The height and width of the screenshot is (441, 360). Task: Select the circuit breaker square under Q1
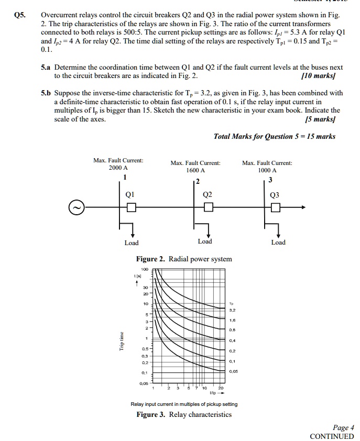pyautogui.click(x=132, y=208)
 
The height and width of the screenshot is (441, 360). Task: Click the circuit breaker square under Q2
pyautogui.click(x=209, y=208)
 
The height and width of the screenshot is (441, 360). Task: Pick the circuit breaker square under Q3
pyautogui.click(x=276, y=208)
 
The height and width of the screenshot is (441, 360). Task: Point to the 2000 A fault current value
pyautogui.click(x=118, y=168)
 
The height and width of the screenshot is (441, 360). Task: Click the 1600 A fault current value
pyautogui.click(x=195, y=171)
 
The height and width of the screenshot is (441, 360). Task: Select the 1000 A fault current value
pyautogui.click(x=267, y=171)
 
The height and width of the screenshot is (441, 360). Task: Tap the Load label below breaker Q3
pyautogui.click(x=278, y=242)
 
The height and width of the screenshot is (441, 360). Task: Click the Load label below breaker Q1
pyautogui.click(x=132, y=243)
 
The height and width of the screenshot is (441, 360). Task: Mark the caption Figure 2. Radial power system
pyautogui.click(x=183, y=259)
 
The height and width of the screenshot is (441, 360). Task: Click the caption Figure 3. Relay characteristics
pyautogui.click(x=184, y=414)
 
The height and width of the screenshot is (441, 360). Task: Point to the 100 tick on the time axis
pyautogui.click(x=145, y=269)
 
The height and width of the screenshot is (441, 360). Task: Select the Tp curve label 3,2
pyautogui.click(x=232, y=310)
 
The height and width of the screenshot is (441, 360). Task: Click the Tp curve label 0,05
pyautogui.click(x=233, y=371)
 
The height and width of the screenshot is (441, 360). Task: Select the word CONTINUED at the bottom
pyautogui.click(x=332, y=436)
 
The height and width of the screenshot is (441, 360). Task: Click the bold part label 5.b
pyautogui.click(x=47, y=93)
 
